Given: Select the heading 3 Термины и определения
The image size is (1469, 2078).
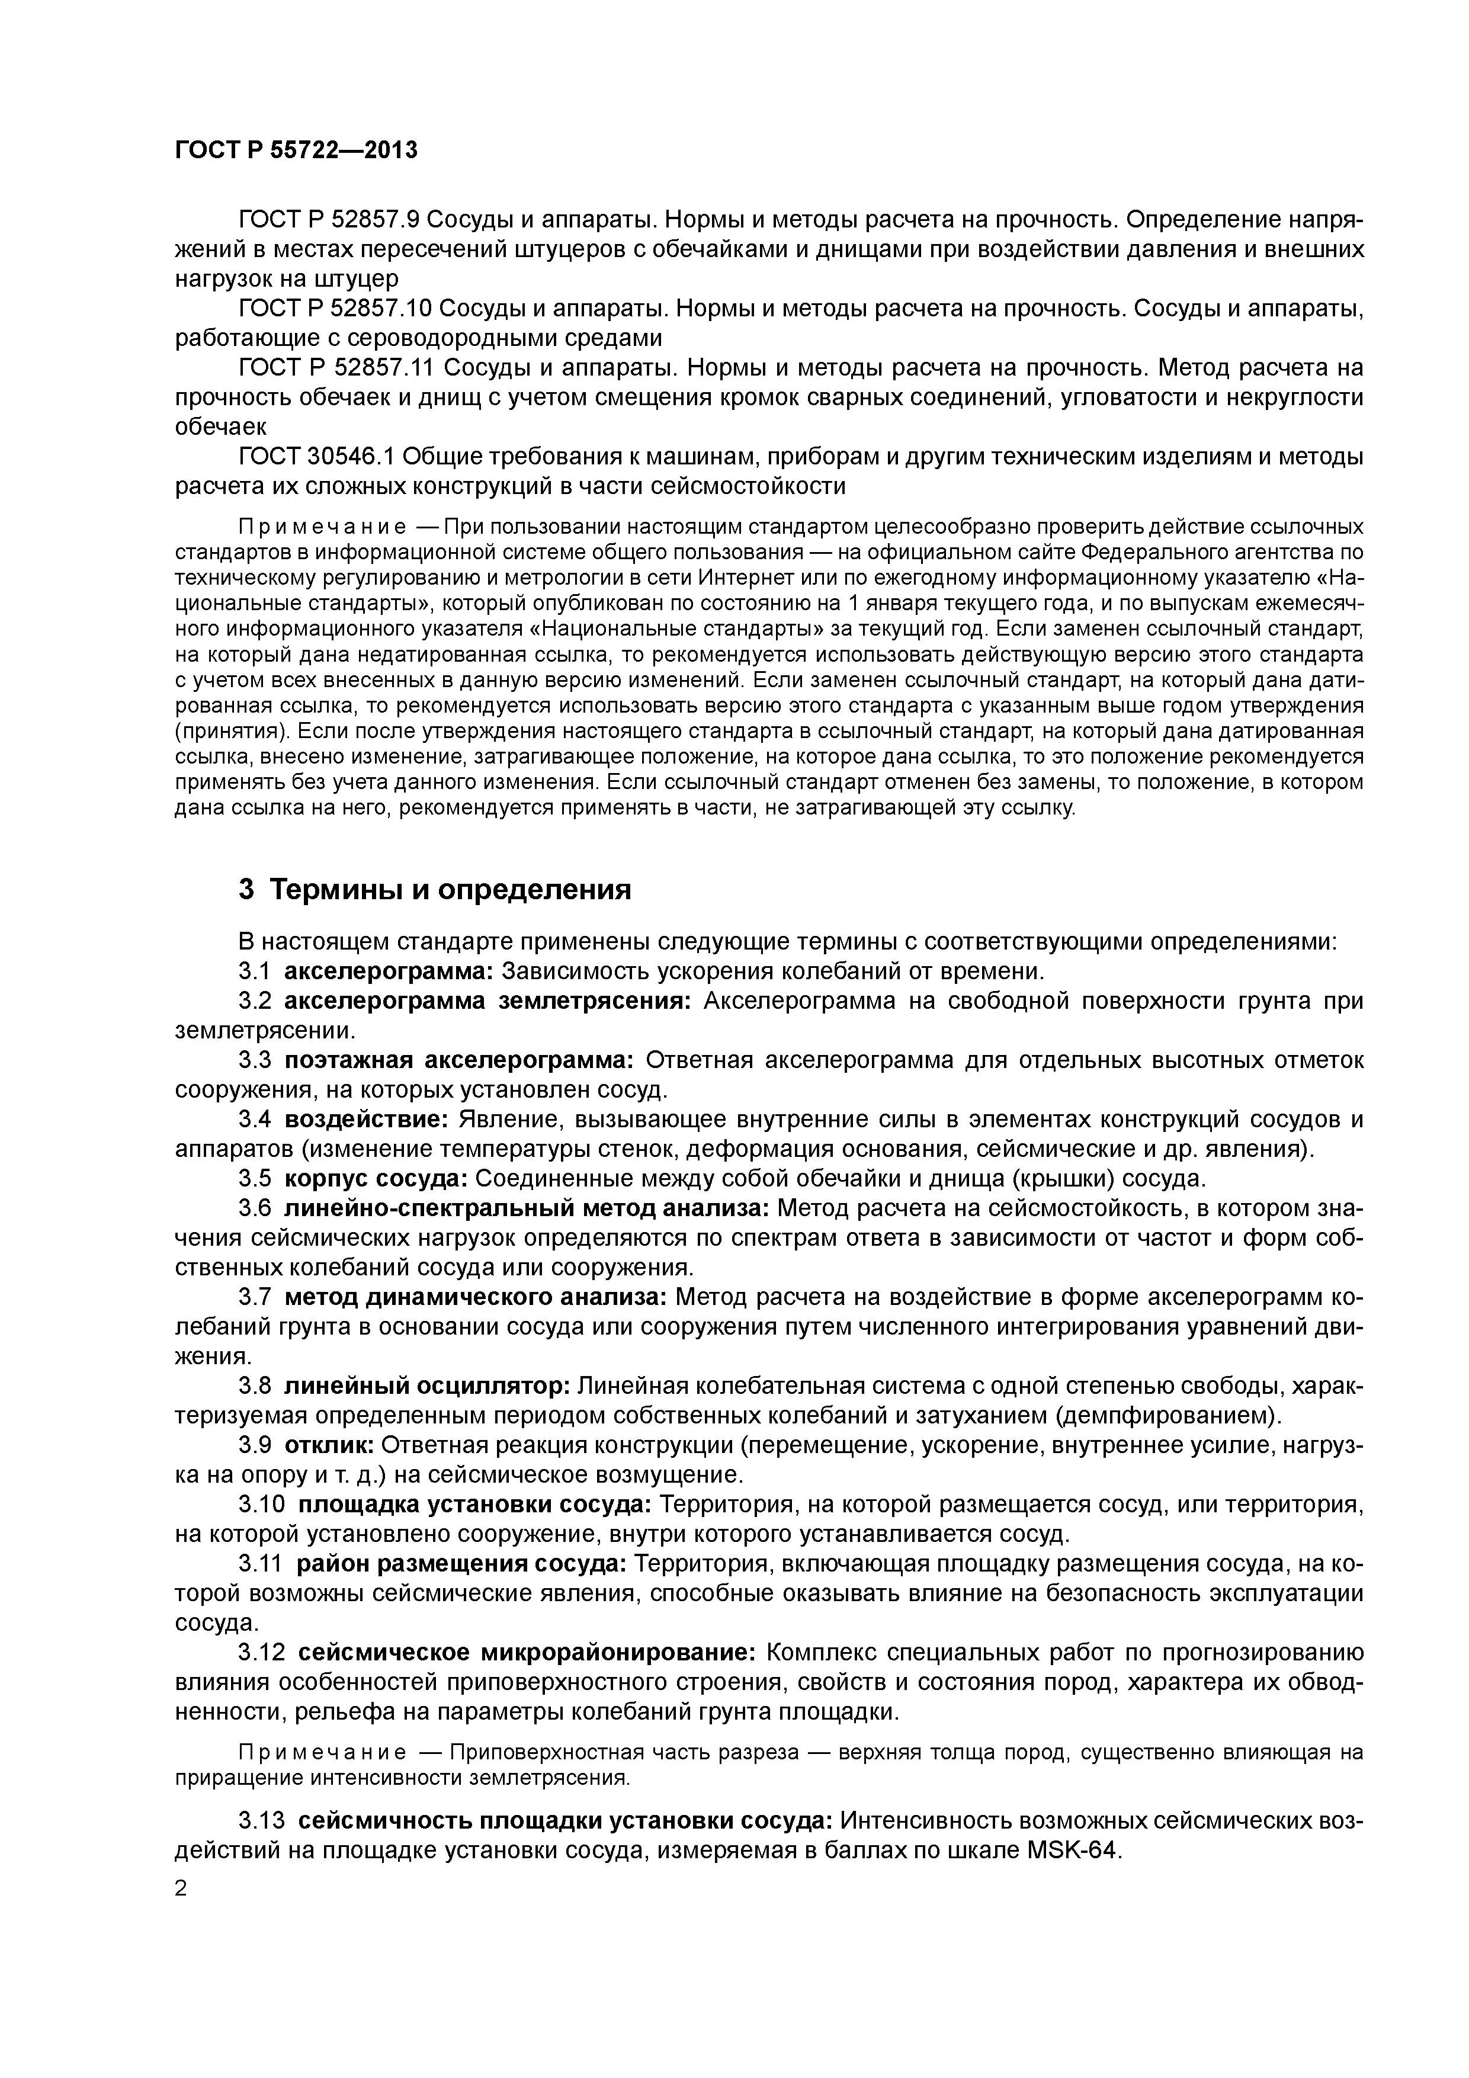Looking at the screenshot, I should pyautogui.click(x=434, y=890).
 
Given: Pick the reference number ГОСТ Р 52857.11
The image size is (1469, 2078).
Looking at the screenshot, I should pyautogui.click(x=336, y=367).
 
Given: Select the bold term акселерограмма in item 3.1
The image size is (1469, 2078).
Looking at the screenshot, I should pyautogui.click(x=389, y=971).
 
